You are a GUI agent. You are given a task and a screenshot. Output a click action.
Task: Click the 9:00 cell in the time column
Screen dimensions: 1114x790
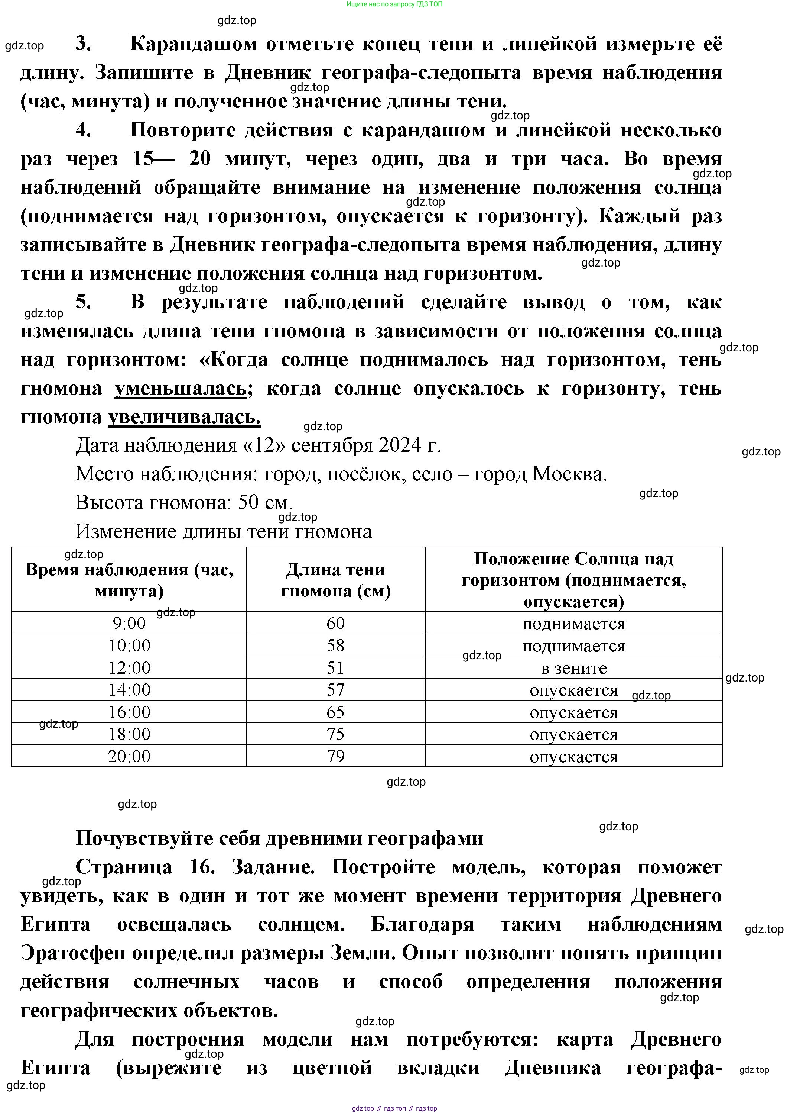(x=129, y=623)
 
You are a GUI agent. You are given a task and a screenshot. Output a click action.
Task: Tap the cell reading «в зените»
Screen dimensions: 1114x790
(x=573, y=668)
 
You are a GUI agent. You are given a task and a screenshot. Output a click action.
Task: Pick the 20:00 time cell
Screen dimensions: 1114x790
(x=129, y=756)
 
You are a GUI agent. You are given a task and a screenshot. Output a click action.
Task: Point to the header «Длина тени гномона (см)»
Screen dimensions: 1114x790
(x=336, y=580)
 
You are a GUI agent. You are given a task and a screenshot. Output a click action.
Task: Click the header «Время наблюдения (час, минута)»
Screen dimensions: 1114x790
(x=129, y=580)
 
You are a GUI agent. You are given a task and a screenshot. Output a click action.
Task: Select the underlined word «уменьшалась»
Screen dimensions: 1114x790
(x=181, y=389)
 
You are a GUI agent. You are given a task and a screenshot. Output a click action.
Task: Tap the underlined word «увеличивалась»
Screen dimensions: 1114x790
(x=184, y=417)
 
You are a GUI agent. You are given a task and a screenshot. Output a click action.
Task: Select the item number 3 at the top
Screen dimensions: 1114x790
(x=83, y=44)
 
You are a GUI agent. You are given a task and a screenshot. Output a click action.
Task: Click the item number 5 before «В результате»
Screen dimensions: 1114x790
(x=83, y=302)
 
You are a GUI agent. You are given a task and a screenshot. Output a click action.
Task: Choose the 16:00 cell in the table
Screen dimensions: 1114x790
(x=129, y=712)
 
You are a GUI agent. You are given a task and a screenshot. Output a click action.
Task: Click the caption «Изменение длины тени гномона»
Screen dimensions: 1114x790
(x=223, y=532)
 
